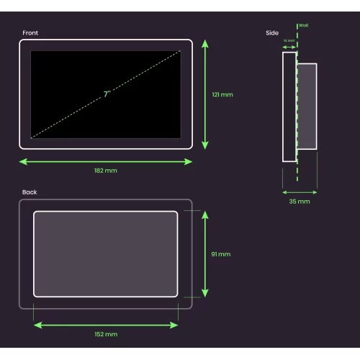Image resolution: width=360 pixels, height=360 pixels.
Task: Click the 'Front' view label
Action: coord(30,33)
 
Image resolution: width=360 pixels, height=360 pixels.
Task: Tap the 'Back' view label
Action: coord(30,192)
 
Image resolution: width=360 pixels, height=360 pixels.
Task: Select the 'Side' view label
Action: coord(271,33)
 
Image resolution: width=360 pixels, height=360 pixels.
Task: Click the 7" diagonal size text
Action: coord(107,94)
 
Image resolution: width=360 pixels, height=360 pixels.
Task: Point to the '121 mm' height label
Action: coord(222,94)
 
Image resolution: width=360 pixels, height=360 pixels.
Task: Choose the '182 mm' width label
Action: coord(105,171)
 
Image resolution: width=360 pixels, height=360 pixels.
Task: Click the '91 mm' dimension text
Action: coord(221,254)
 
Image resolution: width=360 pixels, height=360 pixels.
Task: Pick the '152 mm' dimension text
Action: coord(106,334)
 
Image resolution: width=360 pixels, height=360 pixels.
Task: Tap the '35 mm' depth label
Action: coord(300,202)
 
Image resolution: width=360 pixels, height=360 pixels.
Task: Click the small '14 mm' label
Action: coord(289,41)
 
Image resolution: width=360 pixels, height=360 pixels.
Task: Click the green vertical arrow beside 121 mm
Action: coord(205,94)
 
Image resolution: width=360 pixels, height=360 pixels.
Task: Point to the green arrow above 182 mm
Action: coord(105,161)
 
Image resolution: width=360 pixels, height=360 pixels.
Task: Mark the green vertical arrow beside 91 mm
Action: coord(205,254)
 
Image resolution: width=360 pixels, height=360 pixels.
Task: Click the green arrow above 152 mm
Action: coord(106,325)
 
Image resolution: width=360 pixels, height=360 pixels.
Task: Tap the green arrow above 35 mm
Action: coord(300,192)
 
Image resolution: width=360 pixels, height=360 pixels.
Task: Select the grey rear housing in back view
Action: coord(105,254)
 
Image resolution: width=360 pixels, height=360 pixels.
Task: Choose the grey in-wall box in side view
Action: coord(307,107)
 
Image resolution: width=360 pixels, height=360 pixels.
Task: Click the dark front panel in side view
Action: coord(289,107)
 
